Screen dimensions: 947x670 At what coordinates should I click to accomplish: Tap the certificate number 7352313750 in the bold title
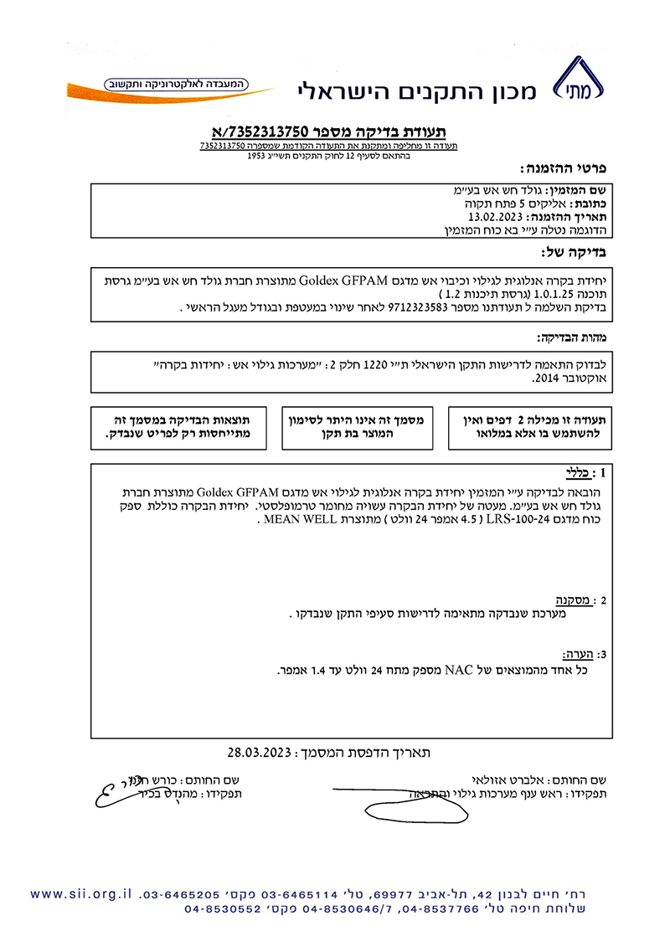pyautogui.click(x=269, y=131)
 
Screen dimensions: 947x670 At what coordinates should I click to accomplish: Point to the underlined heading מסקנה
pyautogui.click(x=574, y=600)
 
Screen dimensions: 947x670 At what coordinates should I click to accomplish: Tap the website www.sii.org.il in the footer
pyautogui.click(x=80, y=893)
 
